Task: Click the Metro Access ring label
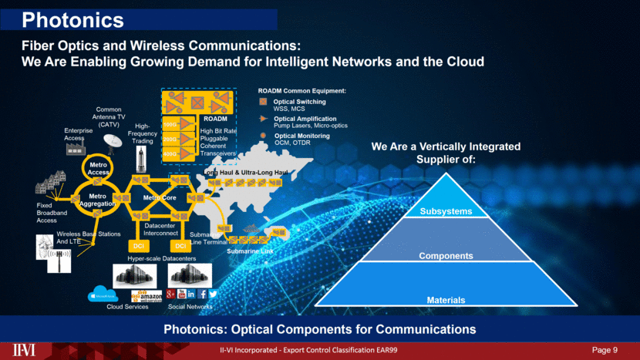[x=96, y=168]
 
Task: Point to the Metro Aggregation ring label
[x=97, y=200]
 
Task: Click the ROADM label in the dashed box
[x=215, y=119]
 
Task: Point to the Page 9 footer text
[x=605, y=351]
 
